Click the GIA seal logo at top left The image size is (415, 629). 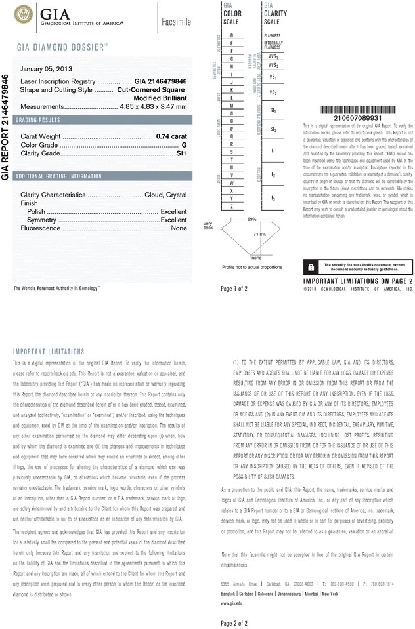24,13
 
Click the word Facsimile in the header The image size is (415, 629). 176,22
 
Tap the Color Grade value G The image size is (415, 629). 185,144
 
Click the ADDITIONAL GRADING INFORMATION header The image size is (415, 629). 58,176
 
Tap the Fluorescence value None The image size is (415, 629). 179,228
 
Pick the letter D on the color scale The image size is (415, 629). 232,34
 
